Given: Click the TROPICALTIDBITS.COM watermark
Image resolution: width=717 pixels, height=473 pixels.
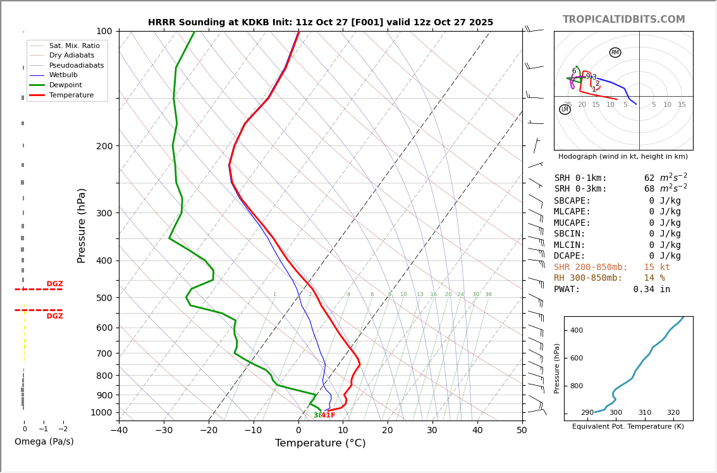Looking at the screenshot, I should (623, 20).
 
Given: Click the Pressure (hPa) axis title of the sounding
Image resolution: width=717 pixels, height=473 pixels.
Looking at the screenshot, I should (82, 225).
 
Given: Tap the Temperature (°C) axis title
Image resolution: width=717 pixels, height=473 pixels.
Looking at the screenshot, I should (320, 443).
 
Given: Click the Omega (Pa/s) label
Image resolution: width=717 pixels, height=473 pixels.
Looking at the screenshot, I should (44, 441).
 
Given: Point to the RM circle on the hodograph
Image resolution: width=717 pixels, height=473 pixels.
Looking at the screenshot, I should (615, 52).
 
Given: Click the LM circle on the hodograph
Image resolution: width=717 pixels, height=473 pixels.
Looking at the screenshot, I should (565, 109).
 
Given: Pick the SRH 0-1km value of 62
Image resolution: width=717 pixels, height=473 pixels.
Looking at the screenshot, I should (649, 178).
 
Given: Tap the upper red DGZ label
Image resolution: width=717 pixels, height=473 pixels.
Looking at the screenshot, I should (54, 284).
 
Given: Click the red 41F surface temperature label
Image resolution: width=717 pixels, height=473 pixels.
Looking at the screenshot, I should (328, 415).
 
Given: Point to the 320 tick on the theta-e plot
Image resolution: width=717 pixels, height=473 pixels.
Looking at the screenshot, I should (673, 413).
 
